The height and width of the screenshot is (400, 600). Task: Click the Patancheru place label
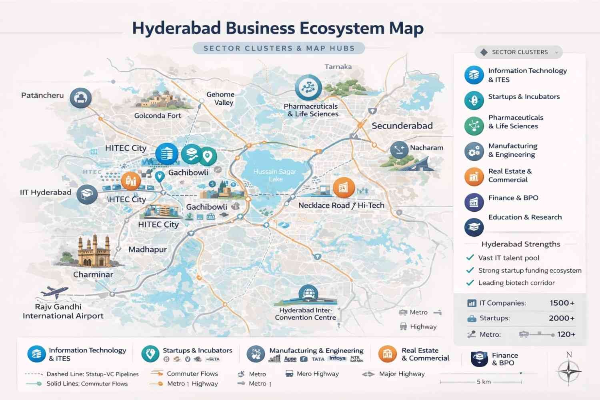[x=42, y=95]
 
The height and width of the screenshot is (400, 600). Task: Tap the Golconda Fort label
[x=158, y=116]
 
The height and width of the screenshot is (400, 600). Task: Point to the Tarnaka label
[x=338, y=66]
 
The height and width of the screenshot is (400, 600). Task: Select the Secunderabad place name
[x=402, y=126]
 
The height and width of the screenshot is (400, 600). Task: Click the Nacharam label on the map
[x=426, y=148]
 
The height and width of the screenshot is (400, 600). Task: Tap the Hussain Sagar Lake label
[x=275, y=175]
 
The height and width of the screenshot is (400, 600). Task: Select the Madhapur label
[x=148, y=249]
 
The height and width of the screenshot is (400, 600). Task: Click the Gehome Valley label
[x=220, y=98]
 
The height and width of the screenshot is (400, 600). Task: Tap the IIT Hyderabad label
[x=46, y=192]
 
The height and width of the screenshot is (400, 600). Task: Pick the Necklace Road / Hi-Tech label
[x=341, y=205]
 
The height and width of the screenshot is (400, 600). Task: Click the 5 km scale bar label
[x=484, y=382]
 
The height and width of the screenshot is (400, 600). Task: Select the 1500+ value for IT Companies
[x=562, y=303]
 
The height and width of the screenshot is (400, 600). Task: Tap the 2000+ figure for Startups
[x=562, y=318]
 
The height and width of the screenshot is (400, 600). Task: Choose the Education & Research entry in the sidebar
[x=525, y=217]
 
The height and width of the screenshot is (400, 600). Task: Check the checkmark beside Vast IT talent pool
[x=470, y=258]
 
